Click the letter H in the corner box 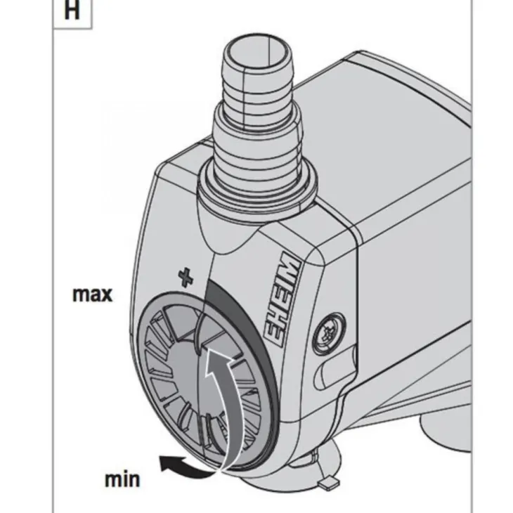(71, 12)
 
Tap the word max (92, 293)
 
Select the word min (122, 479)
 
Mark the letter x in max (105, 294)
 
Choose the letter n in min (133, 480)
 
